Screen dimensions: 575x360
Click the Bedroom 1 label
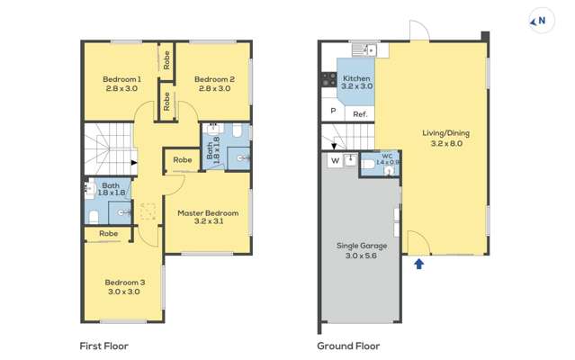[121, 79]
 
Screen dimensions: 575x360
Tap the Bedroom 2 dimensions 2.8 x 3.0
[214, 88]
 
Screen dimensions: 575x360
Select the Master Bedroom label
[208, 213]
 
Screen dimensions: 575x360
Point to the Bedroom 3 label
[125, 283]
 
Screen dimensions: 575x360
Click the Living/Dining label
[446, 133]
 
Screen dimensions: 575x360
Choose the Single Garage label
[362, 246]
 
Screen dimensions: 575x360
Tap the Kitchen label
[356, 78]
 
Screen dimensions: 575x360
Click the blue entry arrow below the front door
[419, 264]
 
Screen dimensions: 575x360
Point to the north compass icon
[541, 21]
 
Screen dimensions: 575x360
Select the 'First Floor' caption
[104, 346]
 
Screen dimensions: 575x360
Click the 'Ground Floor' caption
[348, 346]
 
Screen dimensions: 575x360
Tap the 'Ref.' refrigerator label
[360, 114]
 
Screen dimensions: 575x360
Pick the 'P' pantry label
[333, 111]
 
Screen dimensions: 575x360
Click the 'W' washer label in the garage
[335, 160]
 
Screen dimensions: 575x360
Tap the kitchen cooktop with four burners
[329, 79]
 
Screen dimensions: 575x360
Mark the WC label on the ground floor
[387, 157]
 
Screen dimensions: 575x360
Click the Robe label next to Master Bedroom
[183, 160]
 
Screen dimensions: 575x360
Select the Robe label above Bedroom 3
[109, 233]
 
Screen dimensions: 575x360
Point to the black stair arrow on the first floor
[134, 162]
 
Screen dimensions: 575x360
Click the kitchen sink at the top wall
[364, 49]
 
